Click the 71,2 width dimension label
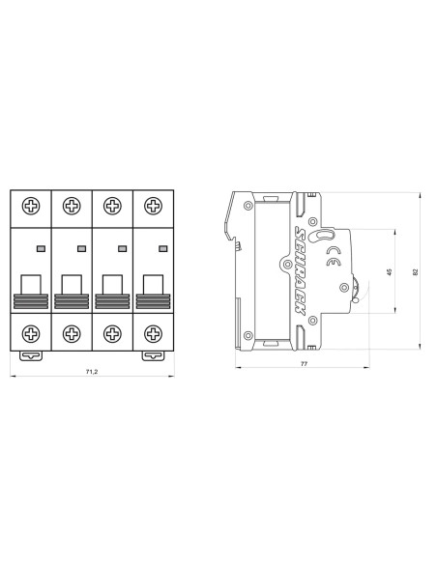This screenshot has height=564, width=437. click(91, 372)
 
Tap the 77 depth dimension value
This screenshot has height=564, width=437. click(303, 364)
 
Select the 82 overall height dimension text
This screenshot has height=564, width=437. click(415, 271)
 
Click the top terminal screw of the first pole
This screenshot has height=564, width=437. click(31, 205)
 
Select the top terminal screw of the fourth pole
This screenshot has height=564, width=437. click(152, 205)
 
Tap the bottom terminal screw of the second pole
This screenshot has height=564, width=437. click(71, 333)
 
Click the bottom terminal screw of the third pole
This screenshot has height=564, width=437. click(111, 333)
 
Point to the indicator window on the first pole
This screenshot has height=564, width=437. click(41, 248)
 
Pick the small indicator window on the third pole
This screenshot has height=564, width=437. click(122, 248)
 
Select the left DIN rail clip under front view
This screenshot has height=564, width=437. click(31, 354)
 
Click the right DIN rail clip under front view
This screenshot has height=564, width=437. click(152, 354)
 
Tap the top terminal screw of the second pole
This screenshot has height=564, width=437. click(71, 205)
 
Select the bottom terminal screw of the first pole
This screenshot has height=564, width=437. click(31, 333)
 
